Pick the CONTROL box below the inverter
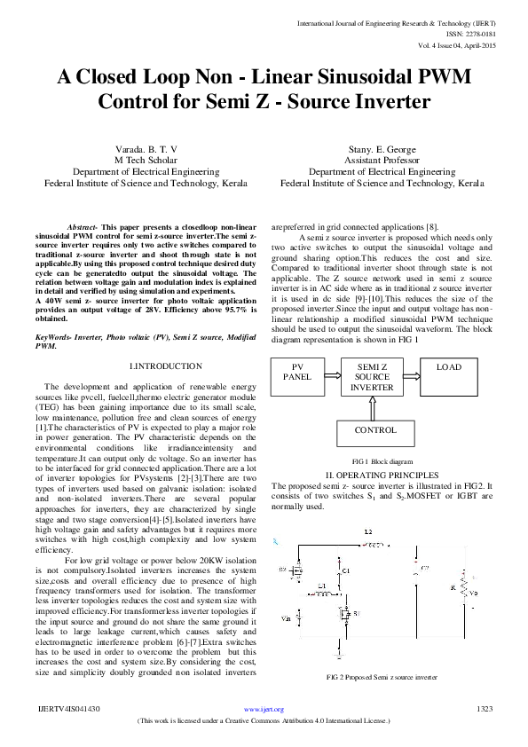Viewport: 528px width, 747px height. tap(375, 430)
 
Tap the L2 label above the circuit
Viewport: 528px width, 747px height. tap(367, 531)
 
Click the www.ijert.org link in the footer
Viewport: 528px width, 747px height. tap(264, 709)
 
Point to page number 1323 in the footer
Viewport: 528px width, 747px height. tap(485, 709)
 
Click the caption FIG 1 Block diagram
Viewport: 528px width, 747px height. tap(382, 462)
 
